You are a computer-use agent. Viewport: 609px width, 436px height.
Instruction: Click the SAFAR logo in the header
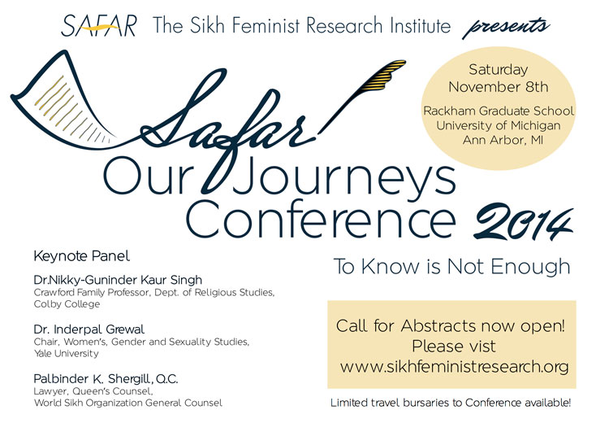pyautogui.click(x=99, y=26)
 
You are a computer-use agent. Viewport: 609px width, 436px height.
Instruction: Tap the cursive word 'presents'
pyautogui.click(x=506, y=27)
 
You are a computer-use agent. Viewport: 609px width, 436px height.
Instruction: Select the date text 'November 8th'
pyautogui.click(x=499, y=86)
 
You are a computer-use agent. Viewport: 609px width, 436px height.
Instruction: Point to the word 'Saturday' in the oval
pyautogui.click(x=499, y=70)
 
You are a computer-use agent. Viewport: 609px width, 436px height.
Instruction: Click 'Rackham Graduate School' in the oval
pyautogui.click(x=499, y=111)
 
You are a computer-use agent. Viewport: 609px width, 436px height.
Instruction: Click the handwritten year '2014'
pyautogui.click(x=523, y=222)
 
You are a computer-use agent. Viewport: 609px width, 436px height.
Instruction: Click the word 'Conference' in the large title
pyautogui.click(x=322, y=220)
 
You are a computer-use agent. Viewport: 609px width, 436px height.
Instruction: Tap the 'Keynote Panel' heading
pyautogui.click(x=81, y=256)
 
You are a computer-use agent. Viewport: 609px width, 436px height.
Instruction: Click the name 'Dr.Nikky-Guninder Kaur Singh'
pyautogui.click(x=118, y=280)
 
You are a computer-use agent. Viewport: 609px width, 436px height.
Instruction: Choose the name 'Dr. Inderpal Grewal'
pyautogui.click(x=89, y=329)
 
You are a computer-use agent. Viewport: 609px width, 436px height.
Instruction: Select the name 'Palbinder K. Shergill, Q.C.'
pyautogui.click(x=106, y=379)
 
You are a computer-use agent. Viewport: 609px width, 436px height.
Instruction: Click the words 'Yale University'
pyautogui.click(x=66, y=354)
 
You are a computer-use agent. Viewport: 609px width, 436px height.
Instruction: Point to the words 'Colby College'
pyautogui.click(x=67, y=304)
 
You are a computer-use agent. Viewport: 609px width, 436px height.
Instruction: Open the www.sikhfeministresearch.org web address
pyautogui.click(x=455, y=367)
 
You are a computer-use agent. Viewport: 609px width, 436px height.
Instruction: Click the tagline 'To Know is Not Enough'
pyautogui.click(x=452, y=267)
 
